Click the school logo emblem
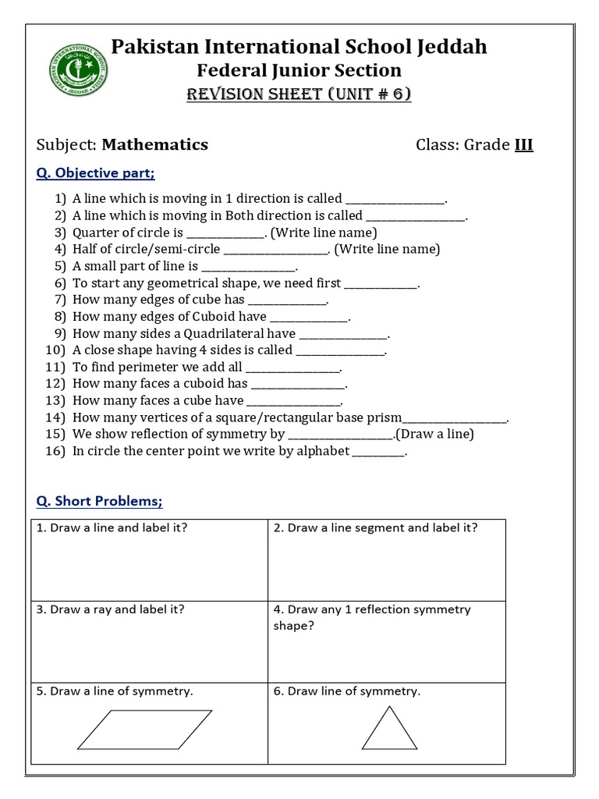(79, 70)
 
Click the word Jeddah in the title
(448, 47)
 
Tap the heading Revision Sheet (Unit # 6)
(299, 94)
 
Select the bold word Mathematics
(155, 144)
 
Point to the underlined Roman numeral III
(523, 144)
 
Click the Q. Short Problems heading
(100, 501)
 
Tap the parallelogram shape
(144, 730)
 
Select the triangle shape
(389, 730)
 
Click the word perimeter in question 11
(148, 367)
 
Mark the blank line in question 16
(379, 452)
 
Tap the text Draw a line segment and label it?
(375, 527)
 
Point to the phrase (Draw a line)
(435, 434)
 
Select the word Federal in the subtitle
(228, 70)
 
